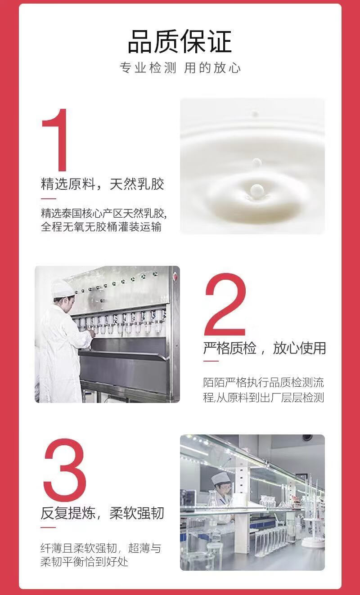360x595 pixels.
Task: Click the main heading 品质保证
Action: pos(180,41)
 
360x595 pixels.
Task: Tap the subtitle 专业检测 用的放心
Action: pos(180,68)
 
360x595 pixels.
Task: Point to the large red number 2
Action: pos(225,305)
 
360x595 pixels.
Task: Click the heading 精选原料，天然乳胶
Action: pos(102,184)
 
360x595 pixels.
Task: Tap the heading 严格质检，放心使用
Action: pos(265,348)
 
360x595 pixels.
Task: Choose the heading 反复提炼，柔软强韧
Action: pos(102,513)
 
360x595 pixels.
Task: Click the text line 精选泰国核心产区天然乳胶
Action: pos(103,213)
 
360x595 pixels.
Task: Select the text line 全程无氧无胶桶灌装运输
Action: pos(101,227)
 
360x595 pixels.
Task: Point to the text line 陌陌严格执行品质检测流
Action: pos(264,383)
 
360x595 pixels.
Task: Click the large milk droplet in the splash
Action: pos(256,189)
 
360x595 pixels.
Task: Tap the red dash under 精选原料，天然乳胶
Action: pos(49,199)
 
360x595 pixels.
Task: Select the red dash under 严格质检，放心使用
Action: pos(211,361)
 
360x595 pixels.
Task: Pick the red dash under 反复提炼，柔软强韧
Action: pos(48,528)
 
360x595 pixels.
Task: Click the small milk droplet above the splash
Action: pos(257,162)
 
